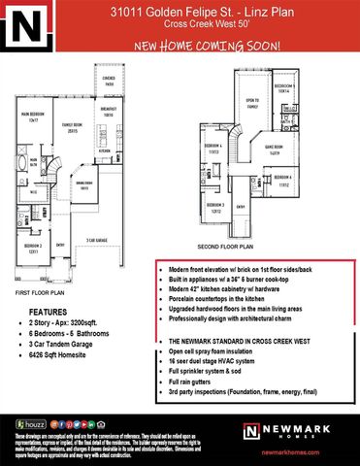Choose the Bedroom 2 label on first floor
click(32, 249)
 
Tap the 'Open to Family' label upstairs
click(250, 103)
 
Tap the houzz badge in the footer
click(37, 424)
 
